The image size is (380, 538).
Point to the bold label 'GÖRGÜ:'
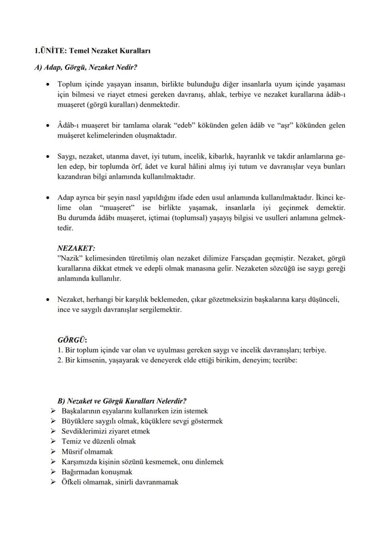click(x=72, y=341)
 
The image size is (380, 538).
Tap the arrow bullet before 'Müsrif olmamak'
click(x=53, y=452)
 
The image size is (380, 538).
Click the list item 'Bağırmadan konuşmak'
click(x=97, y=472)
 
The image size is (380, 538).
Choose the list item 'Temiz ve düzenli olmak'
click(x=99, y=442)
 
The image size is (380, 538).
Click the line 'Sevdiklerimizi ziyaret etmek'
click(x=106, y=431)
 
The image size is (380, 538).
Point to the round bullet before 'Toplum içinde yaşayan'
click(x=48, y=85)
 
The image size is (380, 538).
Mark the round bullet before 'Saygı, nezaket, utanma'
click(x=48, y=157)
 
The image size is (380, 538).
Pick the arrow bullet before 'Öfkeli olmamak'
click(x=53, y=482)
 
